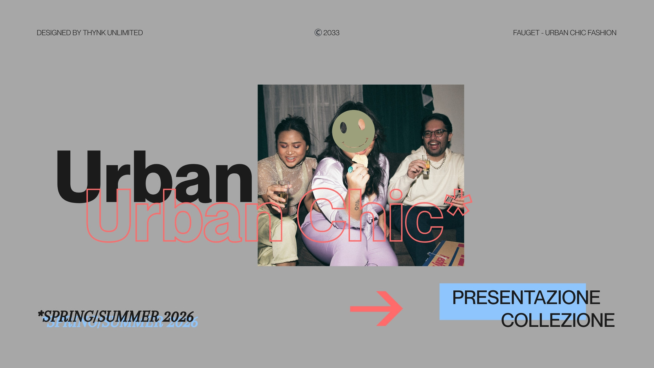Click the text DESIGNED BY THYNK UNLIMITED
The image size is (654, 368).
(x=90, y=33)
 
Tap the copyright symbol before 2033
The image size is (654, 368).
(x=318, y=32)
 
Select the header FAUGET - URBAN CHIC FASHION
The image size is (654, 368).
(x=564, y=33)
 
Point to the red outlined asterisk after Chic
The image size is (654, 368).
(x=458, y=202)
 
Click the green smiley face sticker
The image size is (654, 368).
(x=353, y=131)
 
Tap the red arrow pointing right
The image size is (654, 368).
(x=376, y=308)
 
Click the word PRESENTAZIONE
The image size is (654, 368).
(x=526, y=298)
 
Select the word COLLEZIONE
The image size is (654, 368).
(x=558, y=320)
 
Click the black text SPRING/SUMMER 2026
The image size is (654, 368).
(x=116, y=316)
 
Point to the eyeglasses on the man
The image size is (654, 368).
(x=435, y=133)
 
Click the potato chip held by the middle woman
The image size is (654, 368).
(x=360, y=160)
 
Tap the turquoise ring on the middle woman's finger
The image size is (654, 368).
(x=350, y=169)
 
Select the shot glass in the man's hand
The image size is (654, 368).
(x=426, y=165)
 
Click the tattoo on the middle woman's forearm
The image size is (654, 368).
(x=357, y=205)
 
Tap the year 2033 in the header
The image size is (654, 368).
(x=331, y=33)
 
